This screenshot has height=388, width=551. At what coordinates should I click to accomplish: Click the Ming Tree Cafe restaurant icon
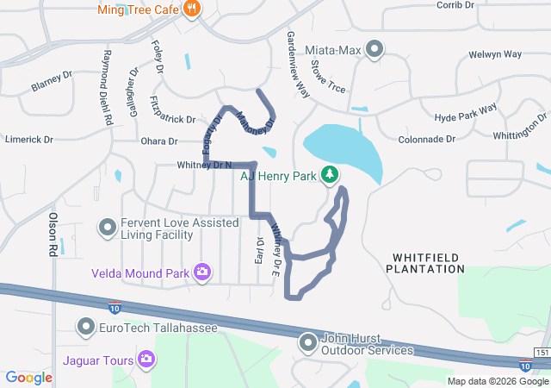pos(191,10)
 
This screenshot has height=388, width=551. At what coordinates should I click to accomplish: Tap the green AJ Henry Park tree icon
pos(329,175)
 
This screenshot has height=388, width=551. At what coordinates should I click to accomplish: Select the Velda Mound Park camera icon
pos(202,273)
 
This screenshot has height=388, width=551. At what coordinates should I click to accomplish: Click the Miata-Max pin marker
pos(374,50)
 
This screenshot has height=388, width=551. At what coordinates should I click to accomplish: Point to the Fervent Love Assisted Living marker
pos(108,228)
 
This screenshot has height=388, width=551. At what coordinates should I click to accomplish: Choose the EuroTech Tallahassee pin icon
pos(86,328)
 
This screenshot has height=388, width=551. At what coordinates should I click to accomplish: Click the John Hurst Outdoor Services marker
pos(308,344)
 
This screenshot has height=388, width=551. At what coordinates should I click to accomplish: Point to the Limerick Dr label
pos(29,139)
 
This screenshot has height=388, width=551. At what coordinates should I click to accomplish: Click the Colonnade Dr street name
pos(426,139)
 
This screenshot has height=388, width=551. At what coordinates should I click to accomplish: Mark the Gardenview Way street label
pos(298,64)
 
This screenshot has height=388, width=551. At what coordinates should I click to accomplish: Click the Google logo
pos(29,378)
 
